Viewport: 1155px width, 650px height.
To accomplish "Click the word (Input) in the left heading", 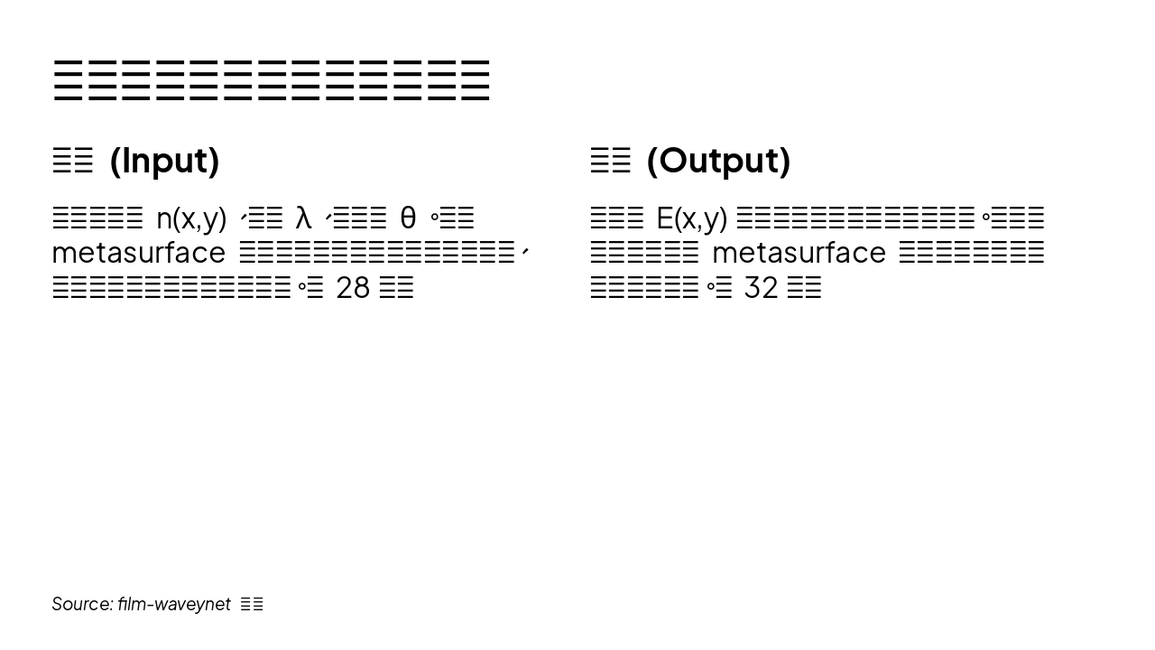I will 164,161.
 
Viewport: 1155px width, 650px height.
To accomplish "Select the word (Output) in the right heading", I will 718,161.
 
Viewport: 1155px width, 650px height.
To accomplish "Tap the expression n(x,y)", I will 191,218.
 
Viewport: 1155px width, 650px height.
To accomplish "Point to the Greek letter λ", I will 303,218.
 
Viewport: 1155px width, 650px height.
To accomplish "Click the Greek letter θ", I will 408,218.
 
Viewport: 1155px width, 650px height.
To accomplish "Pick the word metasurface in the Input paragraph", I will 138,253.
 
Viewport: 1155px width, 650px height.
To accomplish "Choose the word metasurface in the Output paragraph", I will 799,253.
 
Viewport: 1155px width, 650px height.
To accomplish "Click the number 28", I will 353,288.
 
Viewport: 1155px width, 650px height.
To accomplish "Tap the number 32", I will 761,288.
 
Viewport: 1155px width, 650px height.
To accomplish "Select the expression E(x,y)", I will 691,218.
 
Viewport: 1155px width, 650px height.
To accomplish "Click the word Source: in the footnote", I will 82,604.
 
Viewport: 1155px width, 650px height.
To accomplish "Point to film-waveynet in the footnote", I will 174,604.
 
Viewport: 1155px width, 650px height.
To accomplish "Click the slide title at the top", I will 271,81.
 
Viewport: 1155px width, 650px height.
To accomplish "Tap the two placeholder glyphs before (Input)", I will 73,162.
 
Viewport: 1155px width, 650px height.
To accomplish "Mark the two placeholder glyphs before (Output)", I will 611,162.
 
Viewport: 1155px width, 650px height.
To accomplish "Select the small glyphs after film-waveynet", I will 253,605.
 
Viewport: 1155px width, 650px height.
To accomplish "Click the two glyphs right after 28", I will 397,289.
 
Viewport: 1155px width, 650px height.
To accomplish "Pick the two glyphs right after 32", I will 805,289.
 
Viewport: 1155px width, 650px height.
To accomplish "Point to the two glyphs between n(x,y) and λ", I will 265,219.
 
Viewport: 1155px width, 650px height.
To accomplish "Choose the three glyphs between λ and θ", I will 360,219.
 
